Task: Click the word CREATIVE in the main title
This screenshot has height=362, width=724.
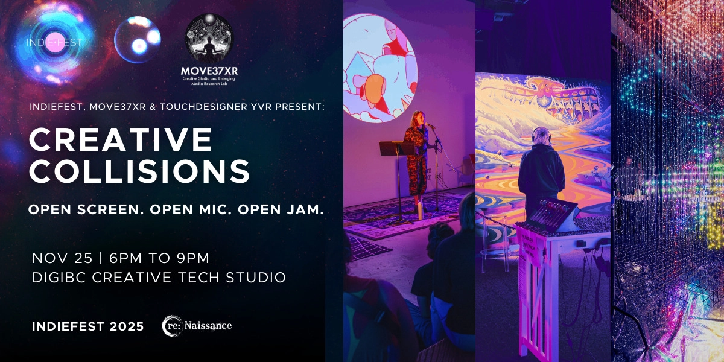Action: pyautogui.click(x=121, y=140)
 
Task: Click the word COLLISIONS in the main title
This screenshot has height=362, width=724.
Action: pyautogui.click(x=139, y=172)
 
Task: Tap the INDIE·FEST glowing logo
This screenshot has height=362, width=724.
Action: pyautogui.click(x=55, y=42)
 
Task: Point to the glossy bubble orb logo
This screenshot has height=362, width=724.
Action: pyautogui.click(x=138, y=39)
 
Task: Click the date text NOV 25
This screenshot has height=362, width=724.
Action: pyautogui.click(x=63, y=258)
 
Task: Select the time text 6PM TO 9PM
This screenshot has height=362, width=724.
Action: pyautogui.click(x=159, y=258)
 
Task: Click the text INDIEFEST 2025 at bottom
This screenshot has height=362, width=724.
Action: pyautogui.click(x=88, y=326)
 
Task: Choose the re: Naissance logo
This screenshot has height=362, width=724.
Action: pyautogui.click(x=197, y=326)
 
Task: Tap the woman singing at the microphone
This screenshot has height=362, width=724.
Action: pyautogui.click(x=418, y=154)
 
